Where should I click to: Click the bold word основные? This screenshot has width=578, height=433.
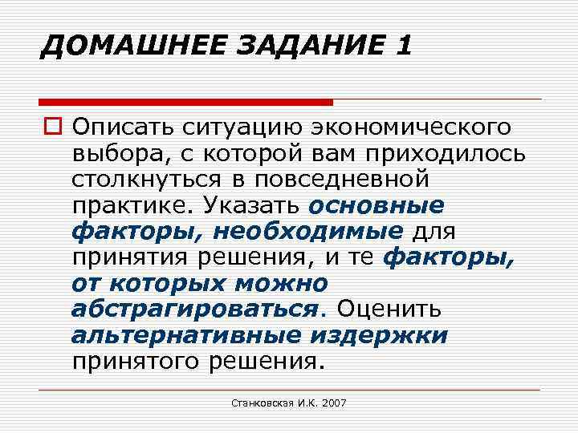pos(375,206)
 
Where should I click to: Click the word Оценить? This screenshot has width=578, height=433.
pos(389,310)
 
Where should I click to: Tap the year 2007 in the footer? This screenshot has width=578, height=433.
pos(333,403)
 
